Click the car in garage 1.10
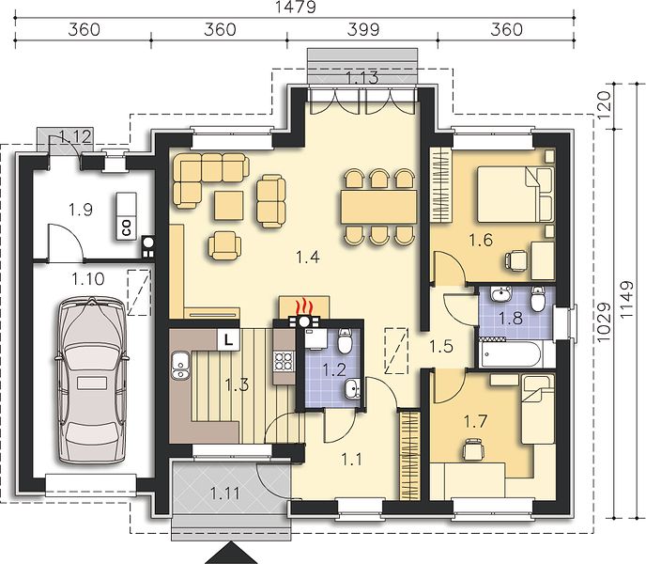pos(90,380)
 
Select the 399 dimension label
pos(363,30)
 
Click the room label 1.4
pos(308,258)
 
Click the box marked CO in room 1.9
pos(126,216)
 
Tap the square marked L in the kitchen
pos(228,339)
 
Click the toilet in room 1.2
pos(345,341)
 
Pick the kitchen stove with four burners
pos(285,361)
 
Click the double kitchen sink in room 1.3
pos(179,365)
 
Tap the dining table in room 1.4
pos(378,207)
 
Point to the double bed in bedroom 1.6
pos(515,194)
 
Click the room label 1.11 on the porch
pos(225,493)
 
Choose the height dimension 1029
pos(603,322)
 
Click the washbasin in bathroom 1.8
pos(500,294)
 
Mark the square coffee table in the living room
pos(229,205)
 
